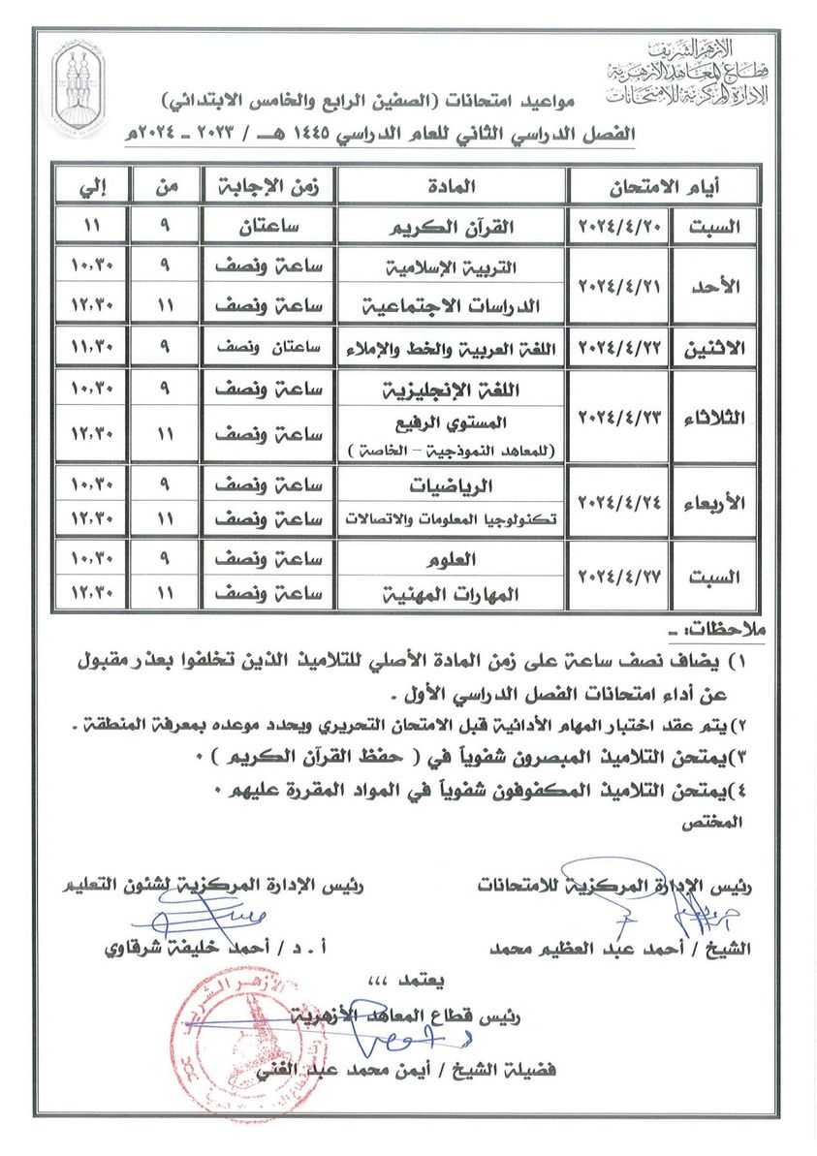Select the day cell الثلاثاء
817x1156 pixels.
point(715,417)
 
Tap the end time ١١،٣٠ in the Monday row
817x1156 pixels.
point(93,346)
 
